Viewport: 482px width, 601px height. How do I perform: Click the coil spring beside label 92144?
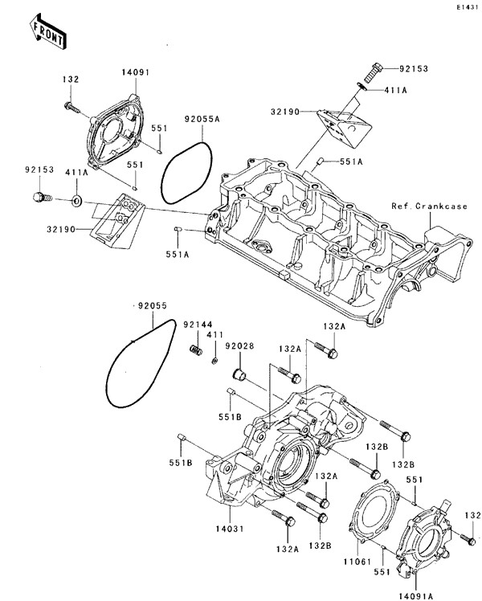194,350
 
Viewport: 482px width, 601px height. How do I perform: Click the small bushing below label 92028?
238,374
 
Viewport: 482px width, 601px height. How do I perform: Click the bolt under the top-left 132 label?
71,105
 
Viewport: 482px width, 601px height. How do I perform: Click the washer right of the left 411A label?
76,198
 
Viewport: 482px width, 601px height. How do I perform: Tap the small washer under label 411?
214,361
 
